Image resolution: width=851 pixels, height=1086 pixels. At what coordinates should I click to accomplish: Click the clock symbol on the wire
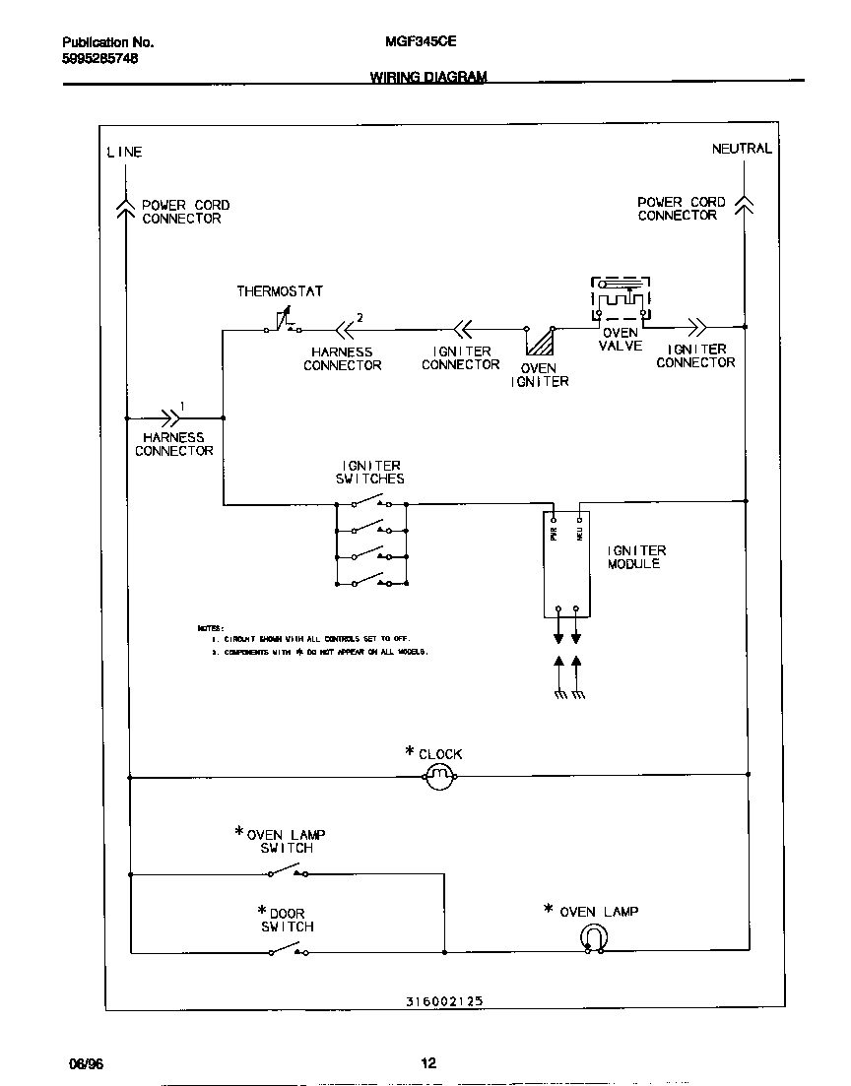(440, 778)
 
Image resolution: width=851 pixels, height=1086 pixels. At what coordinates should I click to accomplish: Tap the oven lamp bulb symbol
(592, 939)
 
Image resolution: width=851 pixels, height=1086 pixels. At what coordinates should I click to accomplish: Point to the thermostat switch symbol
(284, 323)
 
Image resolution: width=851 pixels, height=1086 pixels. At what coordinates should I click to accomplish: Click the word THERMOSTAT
(280, 291)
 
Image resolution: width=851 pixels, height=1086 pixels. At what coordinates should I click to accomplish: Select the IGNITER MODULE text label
(636, 557)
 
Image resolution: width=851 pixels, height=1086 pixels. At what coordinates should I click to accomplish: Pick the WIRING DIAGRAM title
(427, 76)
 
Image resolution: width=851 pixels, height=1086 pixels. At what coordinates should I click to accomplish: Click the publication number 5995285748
(99, 58)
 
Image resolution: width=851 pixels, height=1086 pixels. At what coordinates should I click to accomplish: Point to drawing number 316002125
(443, 1001)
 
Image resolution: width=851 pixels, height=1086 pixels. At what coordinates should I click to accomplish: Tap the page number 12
(427, 1063)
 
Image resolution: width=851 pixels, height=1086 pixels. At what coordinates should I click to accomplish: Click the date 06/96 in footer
(86, 1063)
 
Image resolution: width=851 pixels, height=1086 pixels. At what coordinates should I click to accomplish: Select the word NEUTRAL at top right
(742, 149)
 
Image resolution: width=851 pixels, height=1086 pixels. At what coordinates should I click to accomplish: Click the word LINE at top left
(124, 152)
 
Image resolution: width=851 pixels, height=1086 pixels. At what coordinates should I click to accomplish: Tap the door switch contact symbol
(288, 950)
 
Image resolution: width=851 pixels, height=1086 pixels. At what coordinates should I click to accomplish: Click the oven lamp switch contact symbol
(288, 870)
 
